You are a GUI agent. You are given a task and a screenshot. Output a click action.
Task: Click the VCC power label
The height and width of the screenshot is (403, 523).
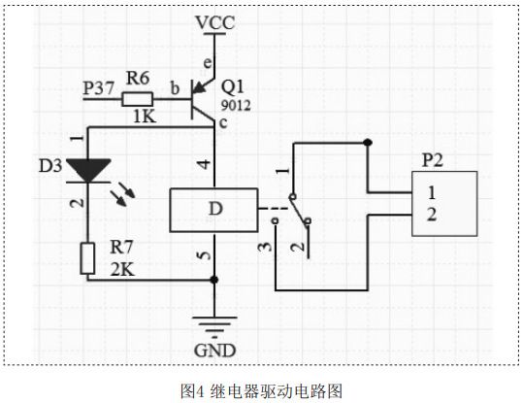click(x=215, y=20)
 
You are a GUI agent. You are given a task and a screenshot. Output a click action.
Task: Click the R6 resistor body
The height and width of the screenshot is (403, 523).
click(x=138, y=96)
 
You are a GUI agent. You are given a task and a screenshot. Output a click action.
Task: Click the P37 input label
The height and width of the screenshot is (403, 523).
click(x=99, y=88)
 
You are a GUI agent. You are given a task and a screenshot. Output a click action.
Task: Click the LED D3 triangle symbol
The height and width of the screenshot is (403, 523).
click(x=87, y=167)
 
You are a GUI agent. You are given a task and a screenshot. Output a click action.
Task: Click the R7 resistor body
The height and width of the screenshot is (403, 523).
click(x=87, y=257)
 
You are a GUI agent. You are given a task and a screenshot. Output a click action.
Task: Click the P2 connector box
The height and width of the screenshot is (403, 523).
click(x=445, y=202)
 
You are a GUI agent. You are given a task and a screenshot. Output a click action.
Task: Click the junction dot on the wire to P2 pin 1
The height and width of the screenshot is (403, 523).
click(x=368, y=142)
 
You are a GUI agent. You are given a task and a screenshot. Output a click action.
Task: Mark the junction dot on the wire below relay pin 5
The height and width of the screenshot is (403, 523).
click(x=214, y=280)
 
